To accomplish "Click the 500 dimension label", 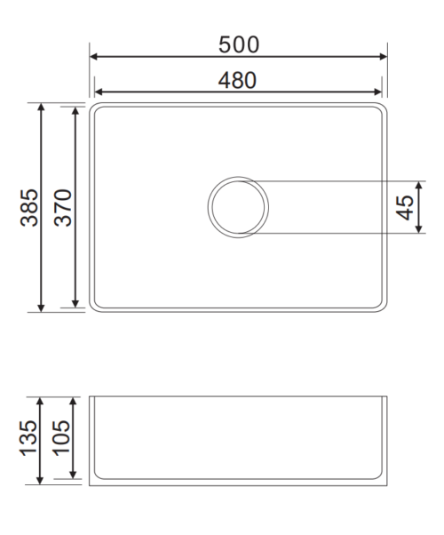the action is [x=239, y=44].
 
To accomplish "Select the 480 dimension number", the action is [x=237, y=81].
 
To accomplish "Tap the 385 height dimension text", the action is [x=29, y=207].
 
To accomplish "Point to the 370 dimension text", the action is [x=63, y=207].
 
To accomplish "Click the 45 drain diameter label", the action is [x=405, y=207].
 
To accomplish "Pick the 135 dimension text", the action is [x=28, y=438].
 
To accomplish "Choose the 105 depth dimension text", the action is [x=60, y=438].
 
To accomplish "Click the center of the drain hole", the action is [x=238, y=207].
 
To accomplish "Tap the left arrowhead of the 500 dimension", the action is [x=93, y=57].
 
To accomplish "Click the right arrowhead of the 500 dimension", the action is [x=384, y=57].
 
